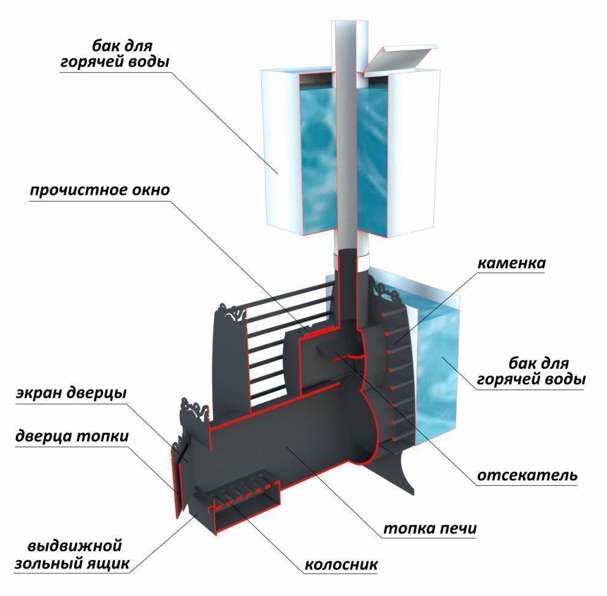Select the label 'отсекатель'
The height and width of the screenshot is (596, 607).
(527, 475)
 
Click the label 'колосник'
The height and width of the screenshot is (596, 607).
(340, 564)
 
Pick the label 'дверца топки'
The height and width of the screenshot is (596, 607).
(72, 437)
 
